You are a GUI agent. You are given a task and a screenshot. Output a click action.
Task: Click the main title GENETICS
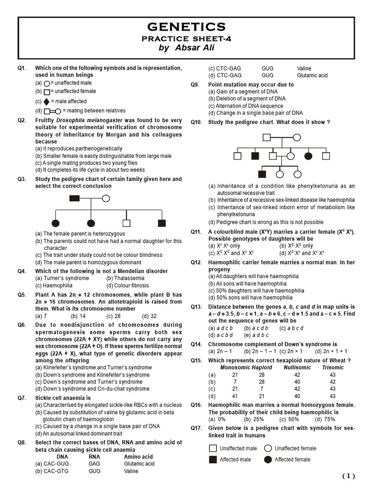point(186,27)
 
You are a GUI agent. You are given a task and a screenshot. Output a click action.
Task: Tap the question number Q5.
point(22,295)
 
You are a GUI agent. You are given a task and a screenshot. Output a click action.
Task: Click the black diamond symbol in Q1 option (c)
point(47,102)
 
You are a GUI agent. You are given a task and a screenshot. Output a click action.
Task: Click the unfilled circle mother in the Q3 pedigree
point(105,198)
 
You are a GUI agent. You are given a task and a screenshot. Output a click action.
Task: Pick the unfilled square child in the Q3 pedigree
point(126,223)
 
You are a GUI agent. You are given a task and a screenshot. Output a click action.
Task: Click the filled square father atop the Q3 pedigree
point(74,198)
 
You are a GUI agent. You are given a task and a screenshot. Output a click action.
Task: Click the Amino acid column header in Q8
point(138,457)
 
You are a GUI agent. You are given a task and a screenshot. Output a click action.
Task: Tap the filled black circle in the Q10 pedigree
point(308,156)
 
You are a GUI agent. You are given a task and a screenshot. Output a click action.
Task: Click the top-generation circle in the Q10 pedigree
point(296,137)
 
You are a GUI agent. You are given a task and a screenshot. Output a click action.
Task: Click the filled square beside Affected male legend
point(213,460)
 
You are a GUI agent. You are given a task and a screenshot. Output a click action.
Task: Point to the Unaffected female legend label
point(295,448)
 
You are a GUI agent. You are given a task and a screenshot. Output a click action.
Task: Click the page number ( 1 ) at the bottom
point(348,477)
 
